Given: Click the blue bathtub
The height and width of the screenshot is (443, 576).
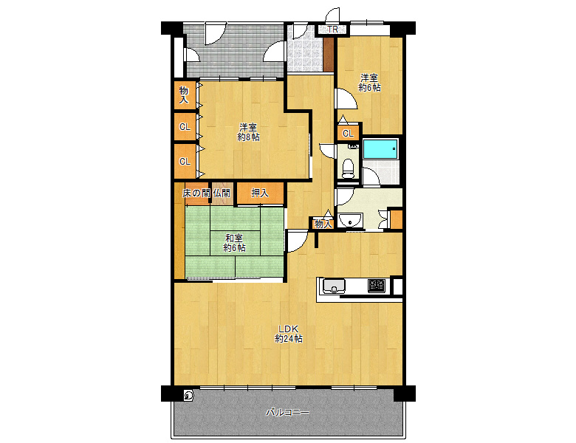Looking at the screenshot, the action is click(x=380, y=148).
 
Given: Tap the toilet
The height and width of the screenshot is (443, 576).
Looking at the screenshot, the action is click(x=348, y=168).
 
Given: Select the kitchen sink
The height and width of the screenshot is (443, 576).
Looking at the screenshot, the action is click(x=334, y=286).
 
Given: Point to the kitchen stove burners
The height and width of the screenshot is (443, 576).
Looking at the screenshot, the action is click(x=377, y=286).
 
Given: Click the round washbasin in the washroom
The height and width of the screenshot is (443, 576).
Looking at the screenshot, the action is click(x=351, y=221).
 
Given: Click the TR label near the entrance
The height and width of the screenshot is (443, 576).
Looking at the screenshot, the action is click(x=332, y=30).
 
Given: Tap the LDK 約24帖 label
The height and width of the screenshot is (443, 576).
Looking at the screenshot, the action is click(x=289, y=334).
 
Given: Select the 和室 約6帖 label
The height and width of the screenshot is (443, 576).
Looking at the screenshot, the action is click(x=234, y=243).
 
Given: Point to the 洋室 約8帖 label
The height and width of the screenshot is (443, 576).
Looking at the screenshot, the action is click(x=248, y=132).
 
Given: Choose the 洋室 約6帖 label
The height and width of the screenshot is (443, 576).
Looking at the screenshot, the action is click(x=369, y=83).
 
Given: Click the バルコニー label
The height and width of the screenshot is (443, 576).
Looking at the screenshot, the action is click(x=288, y=413).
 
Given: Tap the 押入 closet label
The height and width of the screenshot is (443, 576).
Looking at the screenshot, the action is click(x=260, y=193).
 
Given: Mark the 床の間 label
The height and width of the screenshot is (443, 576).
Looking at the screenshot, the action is click(x=196, y=193).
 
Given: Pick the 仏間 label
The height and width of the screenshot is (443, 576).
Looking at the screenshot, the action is click(x=222, y=193).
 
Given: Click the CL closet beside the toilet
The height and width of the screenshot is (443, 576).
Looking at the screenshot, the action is click(x=348, y=134).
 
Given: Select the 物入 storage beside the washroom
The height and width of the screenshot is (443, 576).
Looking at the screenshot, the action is click(x=323, y=223).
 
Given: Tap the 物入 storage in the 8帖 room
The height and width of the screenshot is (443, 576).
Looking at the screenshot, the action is click(x=184, y=95).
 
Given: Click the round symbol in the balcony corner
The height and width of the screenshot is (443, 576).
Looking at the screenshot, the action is click(x=188, y=396).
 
